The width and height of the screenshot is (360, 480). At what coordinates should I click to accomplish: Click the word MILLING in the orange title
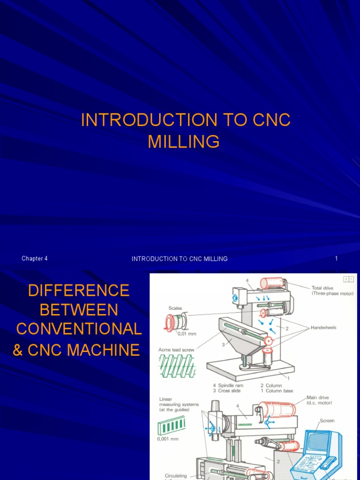point(183,141)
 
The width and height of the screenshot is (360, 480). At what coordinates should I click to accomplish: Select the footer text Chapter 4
point(35,258)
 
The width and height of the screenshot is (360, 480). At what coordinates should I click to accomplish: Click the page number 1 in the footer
point(336,258)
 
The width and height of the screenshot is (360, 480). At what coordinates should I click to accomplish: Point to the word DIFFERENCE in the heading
point(78,291)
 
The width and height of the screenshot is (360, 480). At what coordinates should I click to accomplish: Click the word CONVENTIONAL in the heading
point(79,329)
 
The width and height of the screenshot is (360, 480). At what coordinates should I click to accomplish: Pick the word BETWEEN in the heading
point(79,310)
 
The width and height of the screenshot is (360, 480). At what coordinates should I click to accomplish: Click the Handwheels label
point(324,328)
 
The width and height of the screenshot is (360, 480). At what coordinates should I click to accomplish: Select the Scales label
point(175,308)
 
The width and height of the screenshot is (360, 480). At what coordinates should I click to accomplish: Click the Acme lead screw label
point(176,350)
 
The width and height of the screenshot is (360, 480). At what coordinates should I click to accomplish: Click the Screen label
point(327,420)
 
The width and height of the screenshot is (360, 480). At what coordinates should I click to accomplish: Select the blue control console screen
point(319,441)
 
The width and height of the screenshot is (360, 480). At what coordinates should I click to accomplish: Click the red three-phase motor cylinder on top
point(271,283)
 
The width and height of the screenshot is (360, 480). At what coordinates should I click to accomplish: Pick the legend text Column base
point(279,390)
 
